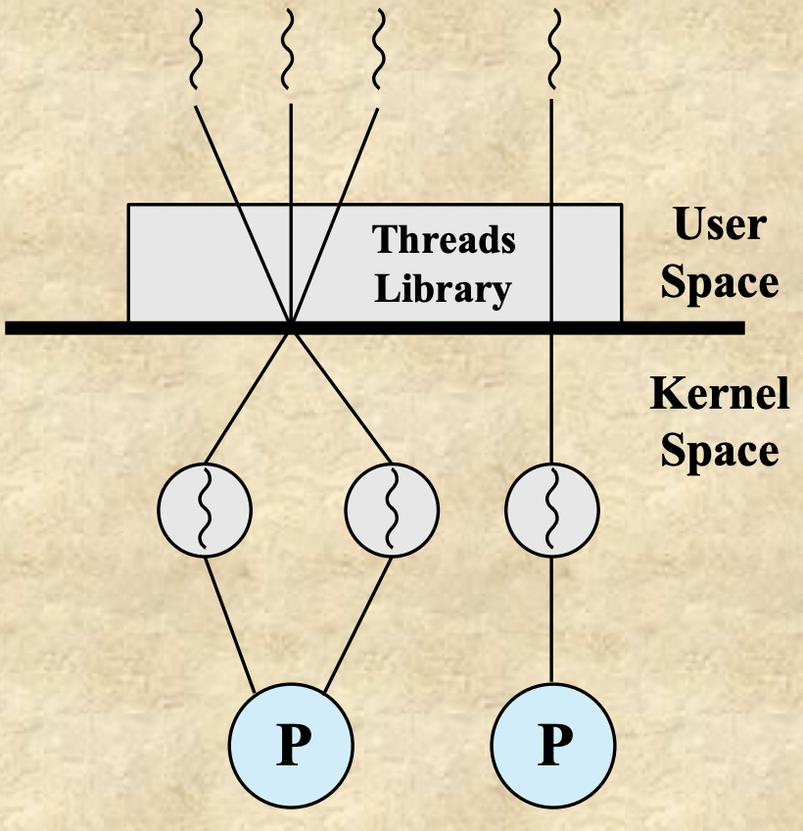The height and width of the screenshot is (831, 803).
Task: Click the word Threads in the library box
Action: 445,240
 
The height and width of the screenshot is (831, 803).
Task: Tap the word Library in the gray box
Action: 444,290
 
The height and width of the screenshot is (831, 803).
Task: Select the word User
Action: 720,224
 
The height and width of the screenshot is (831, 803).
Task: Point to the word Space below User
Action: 720,283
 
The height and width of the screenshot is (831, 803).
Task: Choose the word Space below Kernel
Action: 720,452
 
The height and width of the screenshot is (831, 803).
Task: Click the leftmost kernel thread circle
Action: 205,509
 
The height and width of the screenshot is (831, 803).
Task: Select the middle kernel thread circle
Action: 392,509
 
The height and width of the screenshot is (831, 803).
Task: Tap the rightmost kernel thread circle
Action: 551,509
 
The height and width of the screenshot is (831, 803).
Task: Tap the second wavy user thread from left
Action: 290,49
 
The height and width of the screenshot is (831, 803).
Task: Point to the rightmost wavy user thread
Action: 553,49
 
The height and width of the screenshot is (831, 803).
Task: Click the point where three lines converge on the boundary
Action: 291,325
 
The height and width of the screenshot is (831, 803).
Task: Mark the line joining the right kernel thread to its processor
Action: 552,618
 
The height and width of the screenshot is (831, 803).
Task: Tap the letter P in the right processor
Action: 553,747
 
